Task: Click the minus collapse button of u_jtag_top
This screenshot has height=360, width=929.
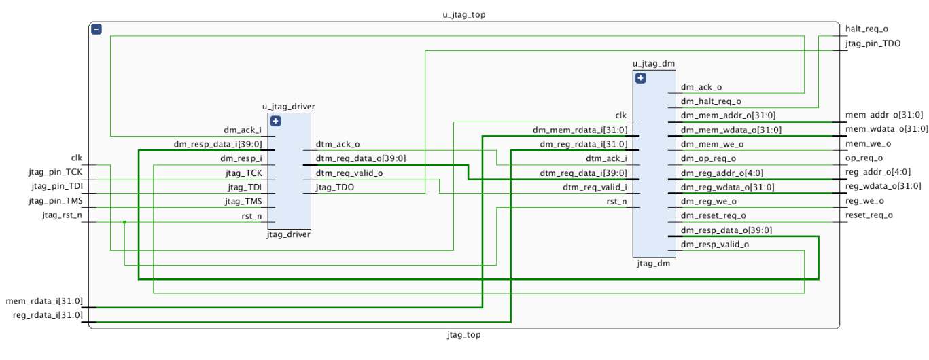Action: click(x=97, y=29)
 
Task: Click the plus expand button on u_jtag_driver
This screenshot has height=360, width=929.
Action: click(x=275, y=121)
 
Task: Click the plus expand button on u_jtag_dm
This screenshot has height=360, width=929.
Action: click(x=640, y=78)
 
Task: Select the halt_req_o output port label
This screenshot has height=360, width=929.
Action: click(x=866, y=29)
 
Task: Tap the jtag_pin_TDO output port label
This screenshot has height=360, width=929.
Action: click(x=873, y=43)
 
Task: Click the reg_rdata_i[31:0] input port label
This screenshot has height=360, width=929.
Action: click(x=48, y=315)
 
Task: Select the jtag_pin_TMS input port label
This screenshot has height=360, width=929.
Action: click(x=55, y=201)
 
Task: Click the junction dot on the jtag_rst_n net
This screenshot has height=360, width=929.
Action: click(x=124, y=222)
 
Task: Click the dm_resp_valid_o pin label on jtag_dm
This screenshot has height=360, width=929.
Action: click(x=715, y=245)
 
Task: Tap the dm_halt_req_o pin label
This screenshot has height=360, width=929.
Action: click(x=711, y=101)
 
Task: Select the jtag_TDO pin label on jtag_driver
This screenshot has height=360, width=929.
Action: click(x=334, y=187)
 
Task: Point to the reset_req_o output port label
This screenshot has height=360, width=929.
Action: click(x=869, y=215)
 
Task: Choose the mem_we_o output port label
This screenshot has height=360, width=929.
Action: click(x=868, y=143)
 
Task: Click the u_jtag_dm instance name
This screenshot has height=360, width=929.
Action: click(x=653, y=64)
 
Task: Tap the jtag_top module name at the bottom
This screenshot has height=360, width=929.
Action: click(x=464, y=335)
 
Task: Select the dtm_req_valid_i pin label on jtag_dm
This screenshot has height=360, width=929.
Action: click(x=595, y=187)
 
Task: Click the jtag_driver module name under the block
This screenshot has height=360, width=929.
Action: click(x=289, y=235)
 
